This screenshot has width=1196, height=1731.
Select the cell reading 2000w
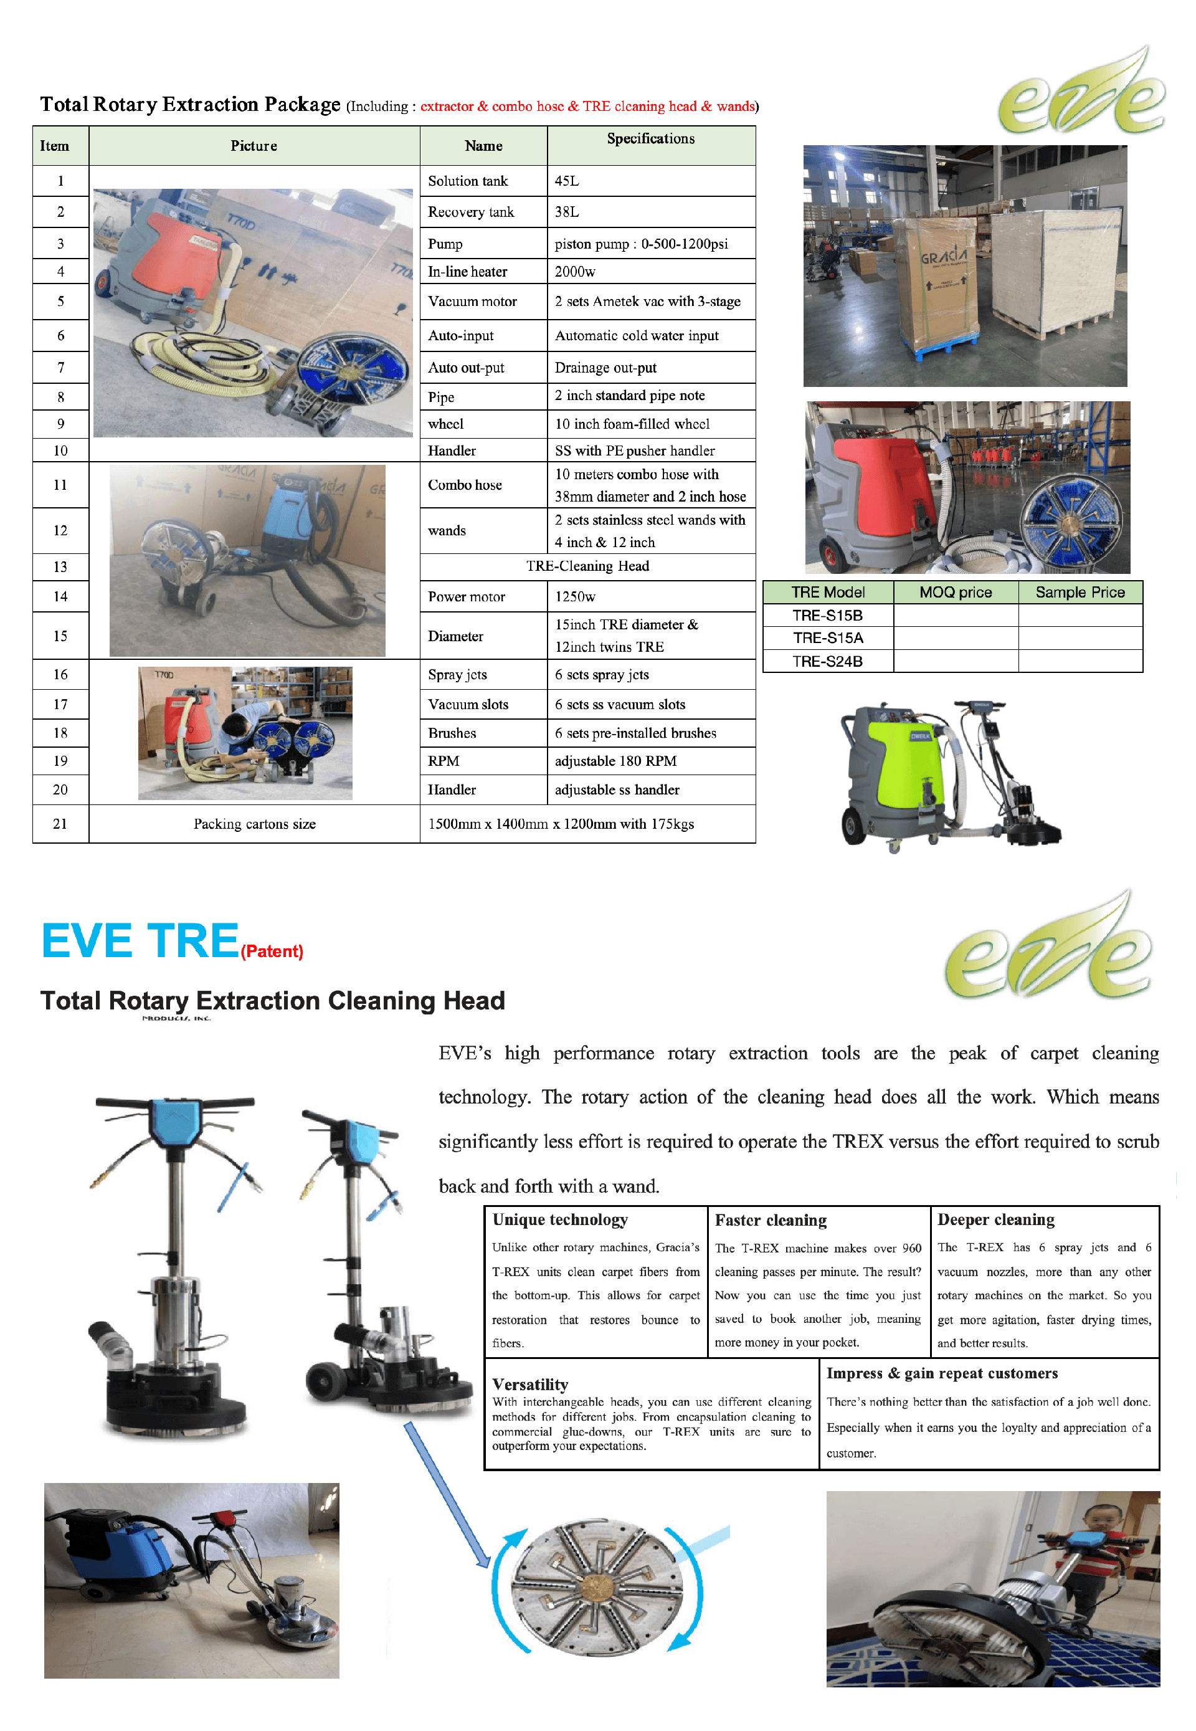651,272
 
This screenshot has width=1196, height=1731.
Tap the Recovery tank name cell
483,212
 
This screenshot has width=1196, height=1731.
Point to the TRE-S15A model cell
828,638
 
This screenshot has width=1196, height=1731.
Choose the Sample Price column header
1080,592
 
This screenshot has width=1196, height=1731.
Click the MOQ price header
956,592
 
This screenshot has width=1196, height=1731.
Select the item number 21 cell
60,823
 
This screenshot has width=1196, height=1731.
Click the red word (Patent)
272,951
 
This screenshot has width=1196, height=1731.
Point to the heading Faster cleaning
771,1221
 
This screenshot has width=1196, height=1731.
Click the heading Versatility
531,1384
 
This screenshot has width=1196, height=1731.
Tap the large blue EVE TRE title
140,941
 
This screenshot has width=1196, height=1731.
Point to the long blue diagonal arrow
447,1495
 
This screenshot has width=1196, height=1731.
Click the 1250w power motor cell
651,597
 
